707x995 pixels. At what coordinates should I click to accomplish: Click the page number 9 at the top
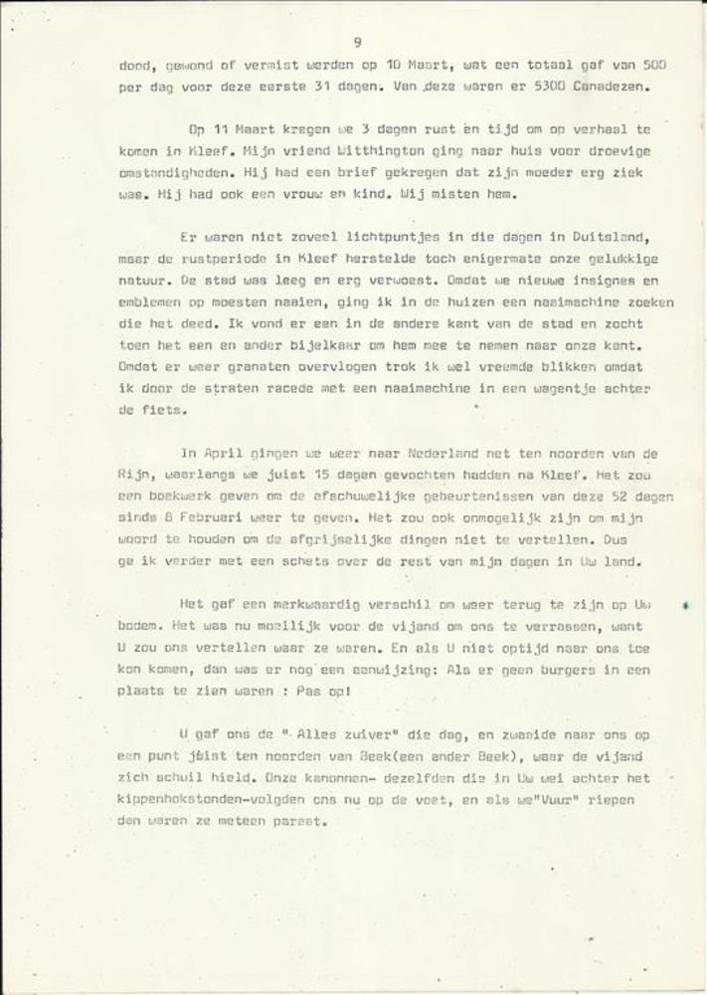point(356,41)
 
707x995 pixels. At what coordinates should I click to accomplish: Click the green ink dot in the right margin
point(686,604)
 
